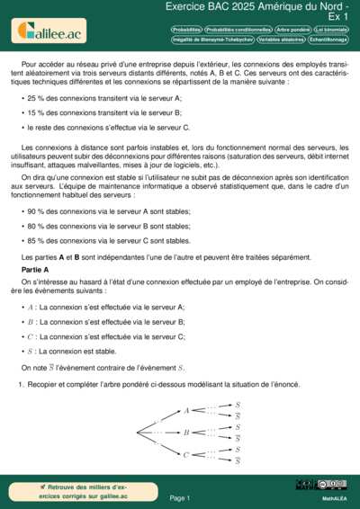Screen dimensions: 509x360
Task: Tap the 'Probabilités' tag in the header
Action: tap(186, 30)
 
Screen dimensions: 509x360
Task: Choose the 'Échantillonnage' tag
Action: tap(328, 40)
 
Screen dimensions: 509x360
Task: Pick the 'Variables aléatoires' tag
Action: tap(281, 40)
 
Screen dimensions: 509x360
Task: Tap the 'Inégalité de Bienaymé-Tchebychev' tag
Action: tap(211, 40)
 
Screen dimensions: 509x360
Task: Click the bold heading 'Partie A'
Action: tap(35, 270)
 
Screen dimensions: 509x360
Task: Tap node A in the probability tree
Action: tap(187, 411)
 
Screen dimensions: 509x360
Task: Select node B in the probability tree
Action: tap(187, 433)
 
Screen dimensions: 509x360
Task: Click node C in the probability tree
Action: tap(187, 455)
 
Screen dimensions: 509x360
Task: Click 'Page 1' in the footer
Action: tap(179, 497)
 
